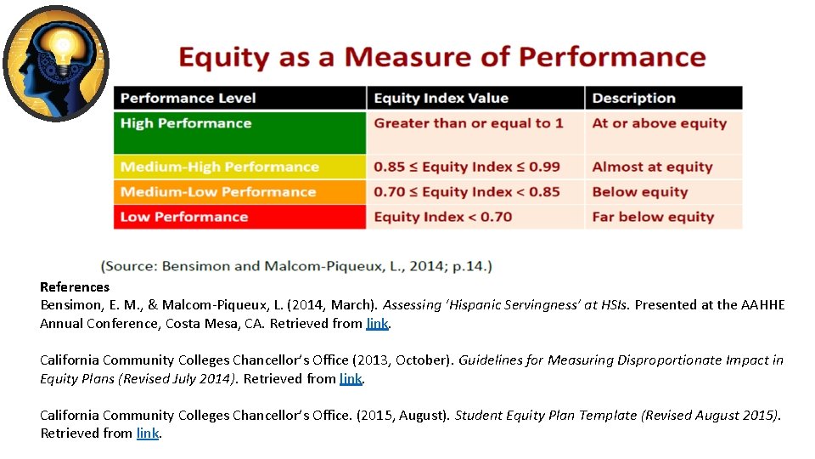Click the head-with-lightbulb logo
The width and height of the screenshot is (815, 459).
[x=56, y=63]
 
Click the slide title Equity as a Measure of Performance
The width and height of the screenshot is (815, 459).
[x=441, y=57]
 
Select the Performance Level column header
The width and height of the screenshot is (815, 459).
[x=240, y=98]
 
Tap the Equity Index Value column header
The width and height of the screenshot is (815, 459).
[x=475, y=98]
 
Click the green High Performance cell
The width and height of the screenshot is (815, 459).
[x=240, y=132]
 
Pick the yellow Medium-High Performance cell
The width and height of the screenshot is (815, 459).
[x=240, y=167]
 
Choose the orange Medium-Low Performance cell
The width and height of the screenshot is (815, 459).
[x=240, y=191]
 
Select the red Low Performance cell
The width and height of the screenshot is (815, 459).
[x=240, y=217]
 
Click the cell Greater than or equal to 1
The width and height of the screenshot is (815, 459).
[x=475, y=132]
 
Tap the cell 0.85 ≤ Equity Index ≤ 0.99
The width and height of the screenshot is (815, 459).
[x=475, y=167]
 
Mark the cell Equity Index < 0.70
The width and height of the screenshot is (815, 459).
[x=475, y=217]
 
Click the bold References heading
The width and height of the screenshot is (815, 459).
[x=75, y=287]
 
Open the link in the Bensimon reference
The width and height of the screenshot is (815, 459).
[x=377, y=324]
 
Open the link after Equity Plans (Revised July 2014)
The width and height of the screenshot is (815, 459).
[x=350, y=379]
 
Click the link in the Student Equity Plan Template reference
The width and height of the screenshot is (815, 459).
[x=147, y=433]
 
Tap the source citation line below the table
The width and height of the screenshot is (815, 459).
[x=296, y=266]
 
